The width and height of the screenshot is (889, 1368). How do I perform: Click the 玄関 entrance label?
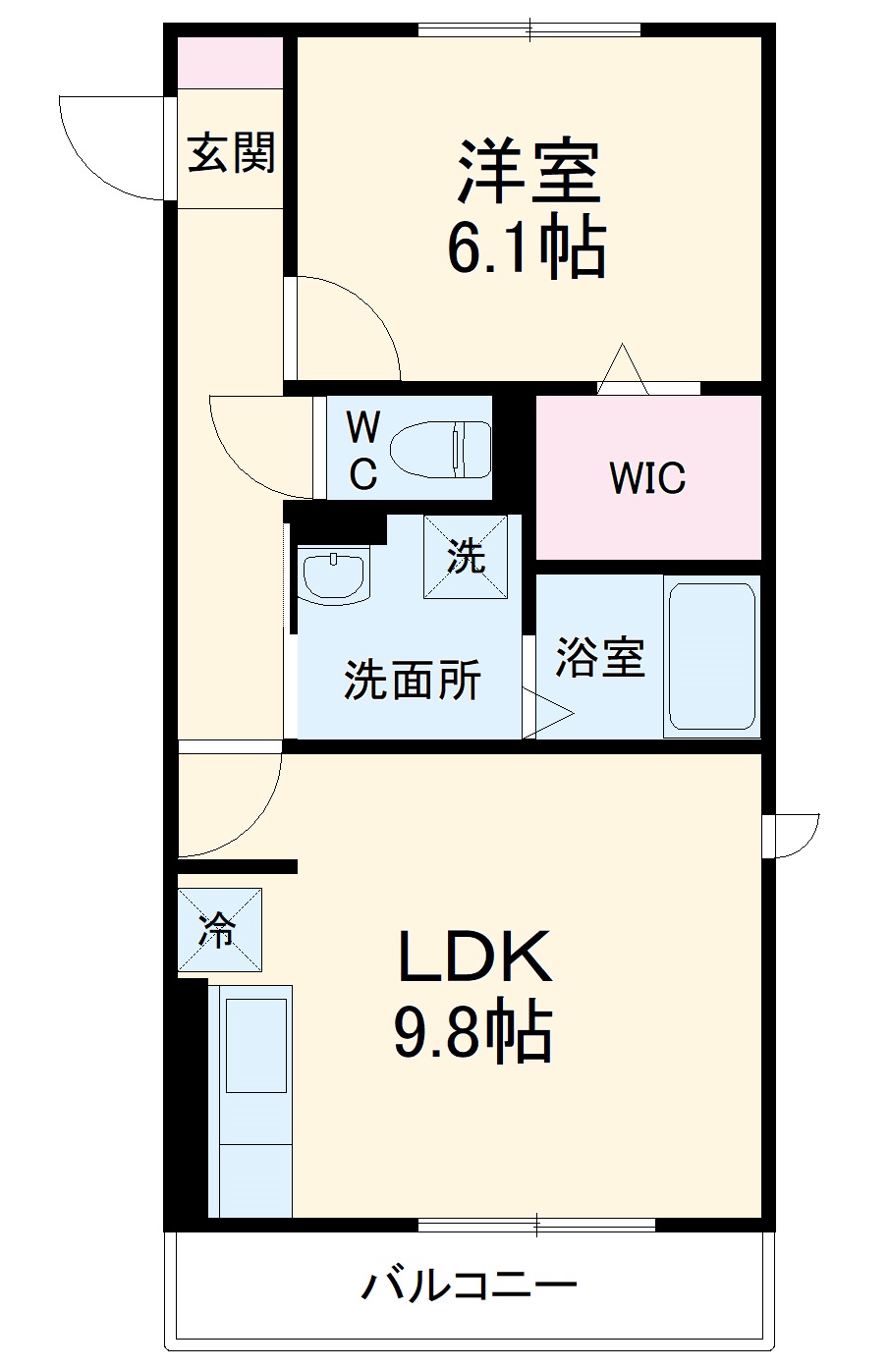click(231, 152)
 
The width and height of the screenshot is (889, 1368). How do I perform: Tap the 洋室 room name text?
click(529, 172)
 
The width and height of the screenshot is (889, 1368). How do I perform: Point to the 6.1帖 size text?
click(527, 247)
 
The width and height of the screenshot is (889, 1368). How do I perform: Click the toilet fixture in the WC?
click(441, 450)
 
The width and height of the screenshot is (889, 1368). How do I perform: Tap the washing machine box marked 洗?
click(466, 557)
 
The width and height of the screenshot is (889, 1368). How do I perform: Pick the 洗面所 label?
click(413, 680)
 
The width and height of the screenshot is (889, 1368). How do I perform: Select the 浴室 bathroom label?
click(600, 657)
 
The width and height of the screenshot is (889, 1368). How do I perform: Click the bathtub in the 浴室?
click(712, 657)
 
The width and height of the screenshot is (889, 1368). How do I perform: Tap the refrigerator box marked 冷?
click(220, 929)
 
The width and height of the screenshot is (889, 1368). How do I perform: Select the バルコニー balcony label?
click(470, 1285)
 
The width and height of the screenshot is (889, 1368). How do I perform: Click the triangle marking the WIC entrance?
click(623, 369)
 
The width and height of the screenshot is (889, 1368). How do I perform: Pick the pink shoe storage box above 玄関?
click(230, 63)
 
